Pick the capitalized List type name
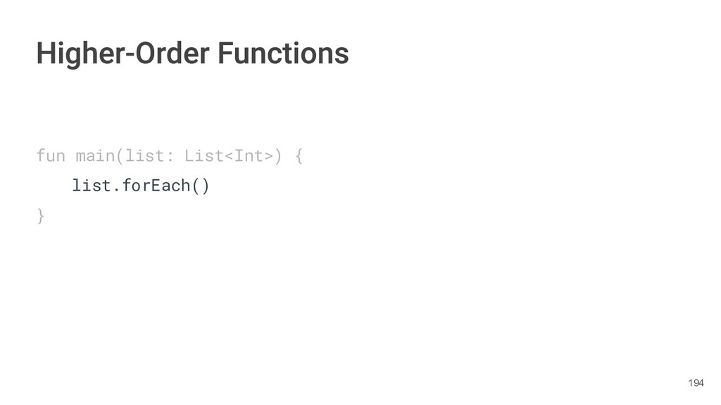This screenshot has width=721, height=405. point(204,155)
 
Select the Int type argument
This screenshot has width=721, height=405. point(249,155)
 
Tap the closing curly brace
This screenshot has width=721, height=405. point(41,217)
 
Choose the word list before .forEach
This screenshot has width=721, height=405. point(92,186)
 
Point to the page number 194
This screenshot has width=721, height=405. point(696,382)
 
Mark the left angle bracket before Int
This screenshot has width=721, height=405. point(229,155)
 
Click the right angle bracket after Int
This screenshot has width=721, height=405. point(269,155)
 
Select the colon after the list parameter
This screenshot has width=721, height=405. point(170,155)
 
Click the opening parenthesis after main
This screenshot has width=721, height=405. point(120,155)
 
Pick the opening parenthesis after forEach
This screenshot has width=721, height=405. point(196,186)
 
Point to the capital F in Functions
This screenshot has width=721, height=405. point(225,53)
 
